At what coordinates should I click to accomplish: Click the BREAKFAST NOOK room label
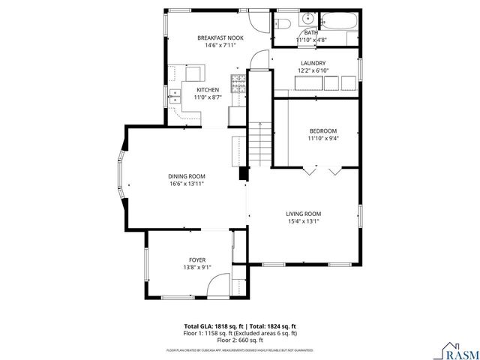click(x=215, y=37)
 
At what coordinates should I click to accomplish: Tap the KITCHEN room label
click(x=207, y=90)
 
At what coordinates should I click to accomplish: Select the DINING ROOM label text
click(x=186, y=175)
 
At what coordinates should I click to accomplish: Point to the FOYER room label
click(x=197, y=259)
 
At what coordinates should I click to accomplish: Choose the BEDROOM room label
click(x=322, y=130)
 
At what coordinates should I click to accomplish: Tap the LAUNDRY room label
click(x=313, y=64)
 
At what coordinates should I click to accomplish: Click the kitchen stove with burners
click(x=238, y=83)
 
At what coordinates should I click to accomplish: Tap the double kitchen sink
click(x=174, y=95)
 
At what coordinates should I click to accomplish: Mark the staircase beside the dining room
click(x=259, y=143)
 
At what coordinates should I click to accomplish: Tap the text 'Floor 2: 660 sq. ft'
click(x=240, y=340)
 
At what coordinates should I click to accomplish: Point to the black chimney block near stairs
click(x=243, y=173)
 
